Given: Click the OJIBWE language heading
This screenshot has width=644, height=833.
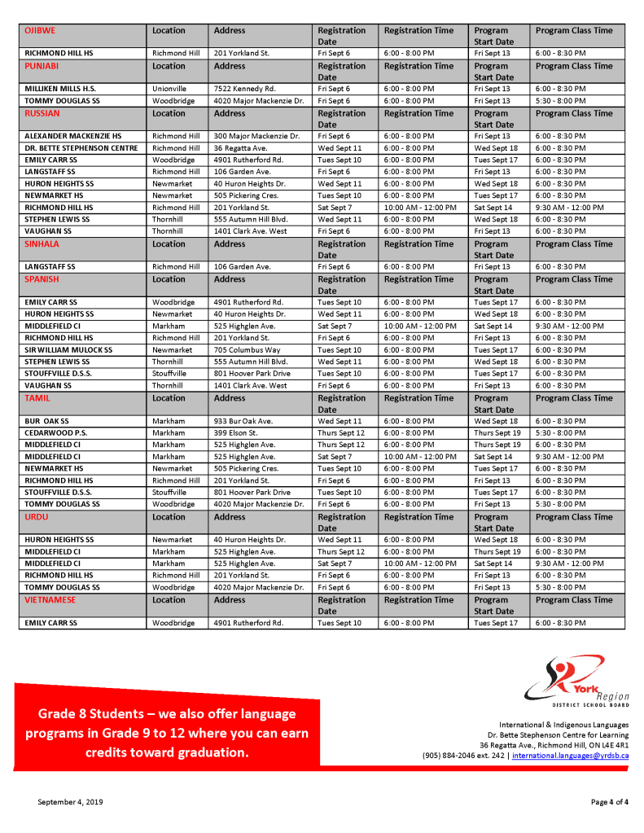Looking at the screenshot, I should pyautogui.click(x=40, y=30).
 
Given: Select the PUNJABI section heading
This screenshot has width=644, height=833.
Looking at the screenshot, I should pyautogui.click(x=42, y=66).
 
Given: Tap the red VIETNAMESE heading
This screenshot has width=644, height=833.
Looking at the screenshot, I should pyautogui.click(x=50, y=599).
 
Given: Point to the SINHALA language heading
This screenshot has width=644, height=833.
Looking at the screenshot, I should pyautogui.click(x=42, y=243).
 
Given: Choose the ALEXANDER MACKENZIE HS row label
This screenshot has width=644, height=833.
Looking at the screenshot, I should pyautogui.click(x=72, y=136).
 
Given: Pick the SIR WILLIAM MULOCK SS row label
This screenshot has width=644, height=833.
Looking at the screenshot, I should pyautogui.click(x=68, y=350).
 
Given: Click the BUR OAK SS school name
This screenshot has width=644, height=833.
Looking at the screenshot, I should pyautogui.click(x=47, y=421).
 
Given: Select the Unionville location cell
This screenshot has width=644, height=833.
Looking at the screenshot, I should pyautogui.click(x=169, y=89).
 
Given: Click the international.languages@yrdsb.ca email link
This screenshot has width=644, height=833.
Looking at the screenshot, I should pyautogui.click(x=570, y=756).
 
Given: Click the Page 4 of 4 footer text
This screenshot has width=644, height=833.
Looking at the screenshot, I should pyautogui.click(x=609, y=802).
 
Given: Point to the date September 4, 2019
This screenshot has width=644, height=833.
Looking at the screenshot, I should pyautogui.click(x=70, y=802).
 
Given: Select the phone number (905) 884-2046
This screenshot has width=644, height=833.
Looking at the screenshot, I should pyautogui.click(x=450, y=756).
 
